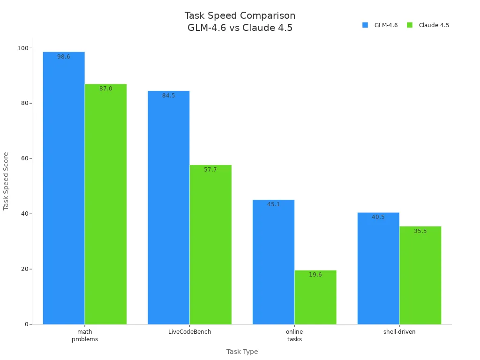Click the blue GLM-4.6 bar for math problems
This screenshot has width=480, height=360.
pyautogui.click(x=64, y=187)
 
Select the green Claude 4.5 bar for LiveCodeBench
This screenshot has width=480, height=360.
pyautogui.click(x=210, y=244)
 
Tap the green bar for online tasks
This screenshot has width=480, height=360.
pyautogui.click(x=315, y=297)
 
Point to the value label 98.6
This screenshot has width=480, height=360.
pyautogui.click(x=64, y=57)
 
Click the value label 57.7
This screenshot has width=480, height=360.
pyautogui.click(x=210, y=170)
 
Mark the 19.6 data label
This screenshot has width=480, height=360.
pyautogui.click(x=315, y=275)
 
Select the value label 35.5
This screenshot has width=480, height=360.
pyautogui.click(x=420, y=231)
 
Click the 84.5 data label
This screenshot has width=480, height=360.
pyautogui.click(x=169, y=96)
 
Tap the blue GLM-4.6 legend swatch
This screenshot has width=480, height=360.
pyautogui.click(x=365, y=25)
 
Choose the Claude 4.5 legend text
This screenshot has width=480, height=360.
pyautogui.click(x=434, y=25)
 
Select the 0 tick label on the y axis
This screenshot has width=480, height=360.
pyautogui.click(x=26, y=324)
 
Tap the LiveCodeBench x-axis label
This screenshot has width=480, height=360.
pyautogui.click(x=190, y=332)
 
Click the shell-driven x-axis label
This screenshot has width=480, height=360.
pyautogui.click(x=399, y=332)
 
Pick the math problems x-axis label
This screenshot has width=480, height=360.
pyautogui.click(x=85, y=336)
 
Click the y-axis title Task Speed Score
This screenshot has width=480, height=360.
pyautogui.click(x=6, y=181)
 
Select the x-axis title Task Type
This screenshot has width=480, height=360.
pyautogui.click(x=242, y=352)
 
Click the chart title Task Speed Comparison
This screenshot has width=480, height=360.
pyautogui.click(x=240, y=15)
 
